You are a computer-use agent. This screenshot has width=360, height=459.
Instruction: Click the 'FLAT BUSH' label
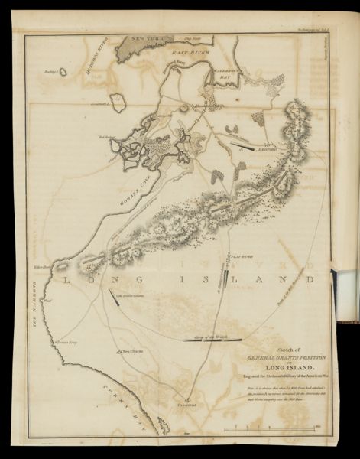coord(239,248)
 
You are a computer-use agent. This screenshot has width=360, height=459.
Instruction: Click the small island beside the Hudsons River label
coord(63,71)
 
